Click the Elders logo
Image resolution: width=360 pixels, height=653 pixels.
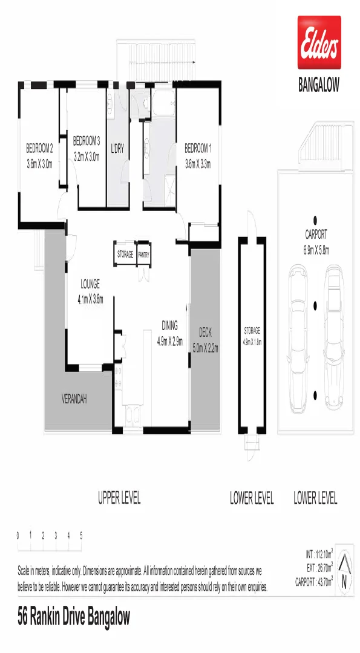319,42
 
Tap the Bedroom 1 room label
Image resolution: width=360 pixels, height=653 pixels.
197,155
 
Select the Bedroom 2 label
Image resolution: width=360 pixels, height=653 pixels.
39,155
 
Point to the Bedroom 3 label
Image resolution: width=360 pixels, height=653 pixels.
86,148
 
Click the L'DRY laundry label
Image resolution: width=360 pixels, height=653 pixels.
117,148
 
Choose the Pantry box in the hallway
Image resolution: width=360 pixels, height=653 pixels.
144,255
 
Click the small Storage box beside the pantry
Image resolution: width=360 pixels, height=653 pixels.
125,255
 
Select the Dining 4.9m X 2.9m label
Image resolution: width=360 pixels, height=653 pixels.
169,333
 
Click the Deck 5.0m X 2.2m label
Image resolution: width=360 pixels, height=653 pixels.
205,340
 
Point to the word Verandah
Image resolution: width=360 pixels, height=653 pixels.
75,400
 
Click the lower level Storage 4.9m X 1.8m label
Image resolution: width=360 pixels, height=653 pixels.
252,336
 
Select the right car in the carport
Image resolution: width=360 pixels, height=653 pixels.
334,314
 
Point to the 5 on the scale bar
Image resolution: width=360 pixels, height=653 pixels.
81,536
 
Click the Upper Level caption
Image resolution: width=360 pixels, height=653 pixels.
119,498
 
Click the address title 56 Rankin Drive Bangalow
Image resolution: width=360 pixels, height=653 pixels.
73,617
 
